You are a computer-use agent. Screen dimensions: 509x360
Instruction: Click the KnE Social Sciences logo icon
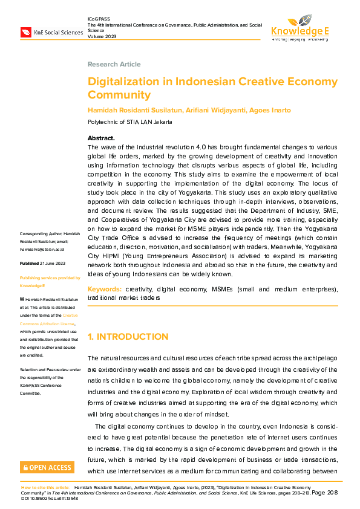tap(26, 32)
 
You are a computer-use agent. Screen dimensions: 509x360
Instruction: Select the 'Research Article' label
tap(114, 64)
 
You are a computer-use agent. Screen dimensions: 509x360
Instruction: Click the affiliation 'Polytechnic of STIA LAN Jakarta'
tap(130, 122)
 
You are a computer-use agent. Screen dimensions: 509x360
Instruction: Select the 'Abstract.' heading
tap(101, 138)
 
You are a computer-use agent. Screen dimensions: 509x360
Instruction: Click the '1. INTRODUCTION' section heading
tap(128, 337)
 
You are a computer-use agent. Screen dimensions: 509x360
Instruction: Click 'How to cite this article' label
tap(46, 487)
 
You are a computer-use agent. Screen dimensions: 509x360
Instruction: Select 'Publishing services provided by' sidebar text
tap(50, 278)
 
